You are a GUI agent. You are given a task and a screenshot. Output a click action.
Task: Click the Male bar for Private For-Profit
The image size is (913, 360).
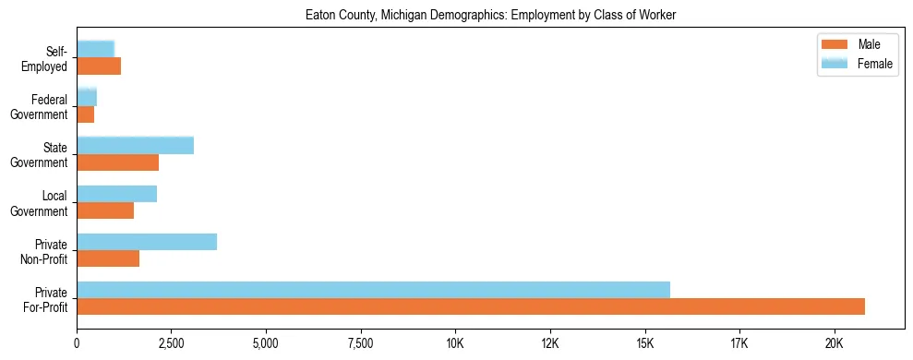point(471,306)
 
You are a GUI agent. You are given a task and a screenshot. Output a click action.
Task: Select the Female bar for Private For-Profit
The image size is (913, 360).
point(373,290)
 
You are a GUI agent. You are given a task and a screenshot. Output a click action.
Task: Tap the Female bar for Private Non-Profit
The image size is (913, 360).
point(147,242)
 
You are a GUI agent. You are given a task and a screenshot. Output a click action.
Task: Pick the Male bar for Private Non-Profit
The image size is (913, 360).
point(108,258)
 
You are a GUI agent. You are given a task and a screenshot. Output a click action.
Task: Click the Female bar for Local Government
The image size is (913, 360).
point(117,194)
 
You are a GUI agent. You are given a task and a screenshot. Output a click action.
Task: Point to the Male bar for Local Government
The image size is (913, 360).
point(105,210)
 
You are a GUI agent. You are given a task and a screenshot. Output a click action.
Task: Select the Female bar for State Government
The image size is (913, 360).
point(136,145)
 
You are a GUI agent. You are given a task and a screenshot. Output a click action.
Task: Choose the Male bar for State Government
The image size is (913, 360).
point(118,162)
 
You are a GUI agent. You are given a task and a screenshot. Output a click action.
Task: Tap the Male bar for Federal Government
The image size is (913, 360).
point(86,114)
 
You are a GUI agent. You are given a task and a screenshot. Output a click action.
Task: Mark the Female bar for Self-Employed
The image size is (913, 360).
point(96,49)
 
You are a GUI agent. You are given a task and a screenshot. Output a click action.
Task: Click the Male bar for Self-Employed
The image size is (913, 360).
point(99,66)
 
